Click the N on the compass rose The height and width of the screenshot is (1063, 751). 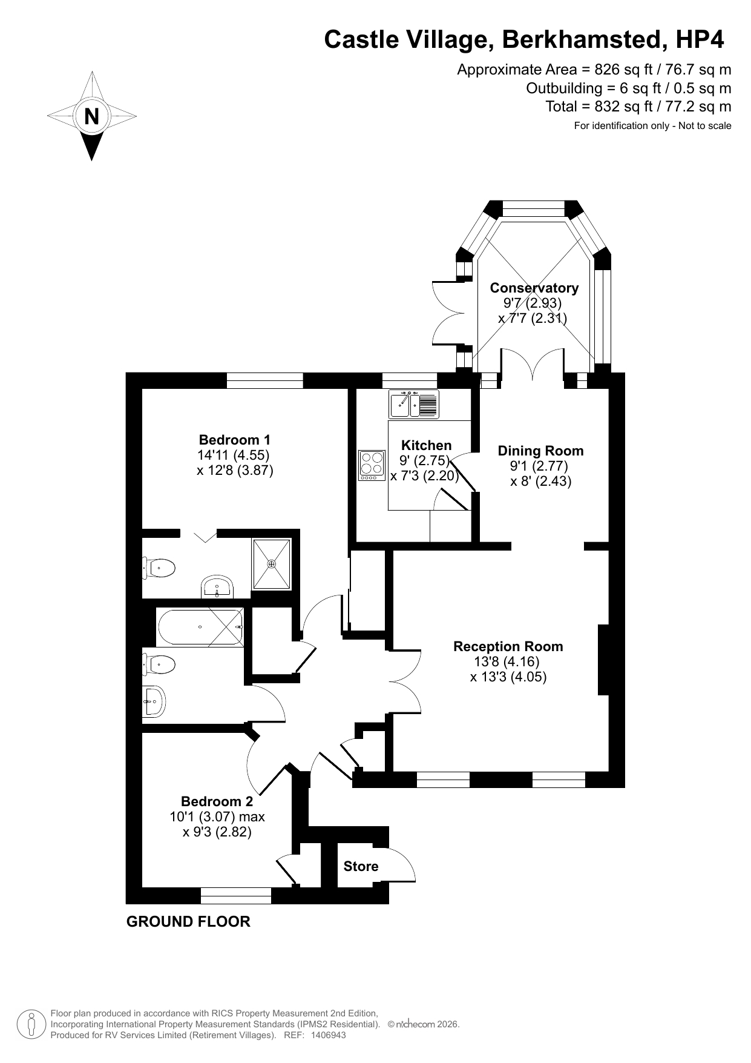coord(91,116)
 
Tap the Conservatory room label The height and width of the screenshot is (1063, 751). coord(534,288)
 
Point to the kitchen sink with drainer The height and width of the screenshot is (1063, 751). coord(415,404)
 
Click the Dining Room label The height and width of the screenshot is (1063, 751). coord(540,451)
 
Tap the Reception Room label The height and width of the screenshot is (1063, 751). coord(508,646)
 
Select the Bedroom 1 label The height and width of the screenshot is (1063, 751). coord(235,440)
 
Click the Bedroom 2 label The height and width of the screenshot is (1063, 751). coord(217,801)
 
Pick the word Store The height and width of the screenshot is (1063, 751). coord(361,866)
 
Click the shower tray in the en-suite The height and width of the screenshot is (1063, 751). coord(272,564)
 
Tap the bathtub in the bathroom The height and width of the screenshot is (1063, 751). coord(200,627)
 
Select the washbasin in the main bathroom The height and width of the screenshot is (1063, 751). coord(154,701)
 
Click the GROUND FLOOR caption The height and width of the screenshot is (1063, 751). coord(188,922)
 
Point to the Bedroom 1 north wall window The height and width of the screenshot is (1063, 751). coord(264,380)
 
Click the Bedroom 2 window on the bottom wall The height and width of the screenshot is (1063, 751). coord(235,896)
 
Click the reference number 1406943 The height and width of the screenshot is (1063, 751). coord(328,1035)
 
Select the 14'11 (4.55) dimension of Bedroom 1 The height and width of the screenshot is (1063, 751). coord(233,455)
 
